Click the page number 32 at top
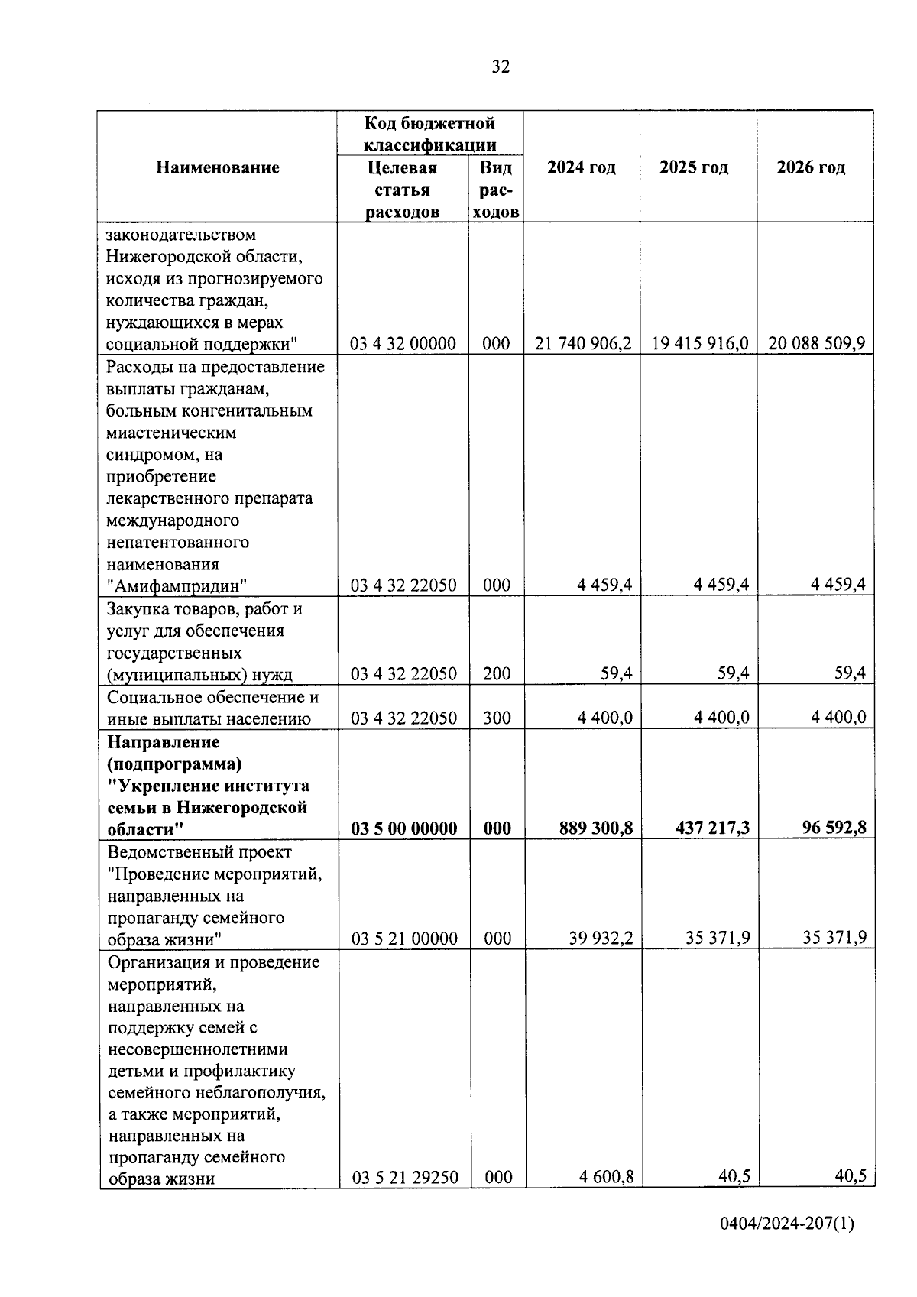click(x=501, y=67)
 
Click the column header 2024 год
click(x=582, y=167)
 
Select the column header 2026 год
click(x=811, y=167)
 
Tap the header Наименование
click(x=218, y=167)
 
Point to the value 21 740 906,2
click(x=583, y=343)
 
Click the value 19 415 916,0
click(x=699, y=343)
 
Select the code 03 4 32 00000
click(x=403, y=344)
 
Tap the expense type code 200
click(x=497, y=674)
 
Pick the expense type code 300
click(x=497, y=718)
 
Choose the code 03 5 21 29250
click(x=405, y=1178)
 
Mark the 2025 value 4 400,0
click(x=721, y=718)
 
